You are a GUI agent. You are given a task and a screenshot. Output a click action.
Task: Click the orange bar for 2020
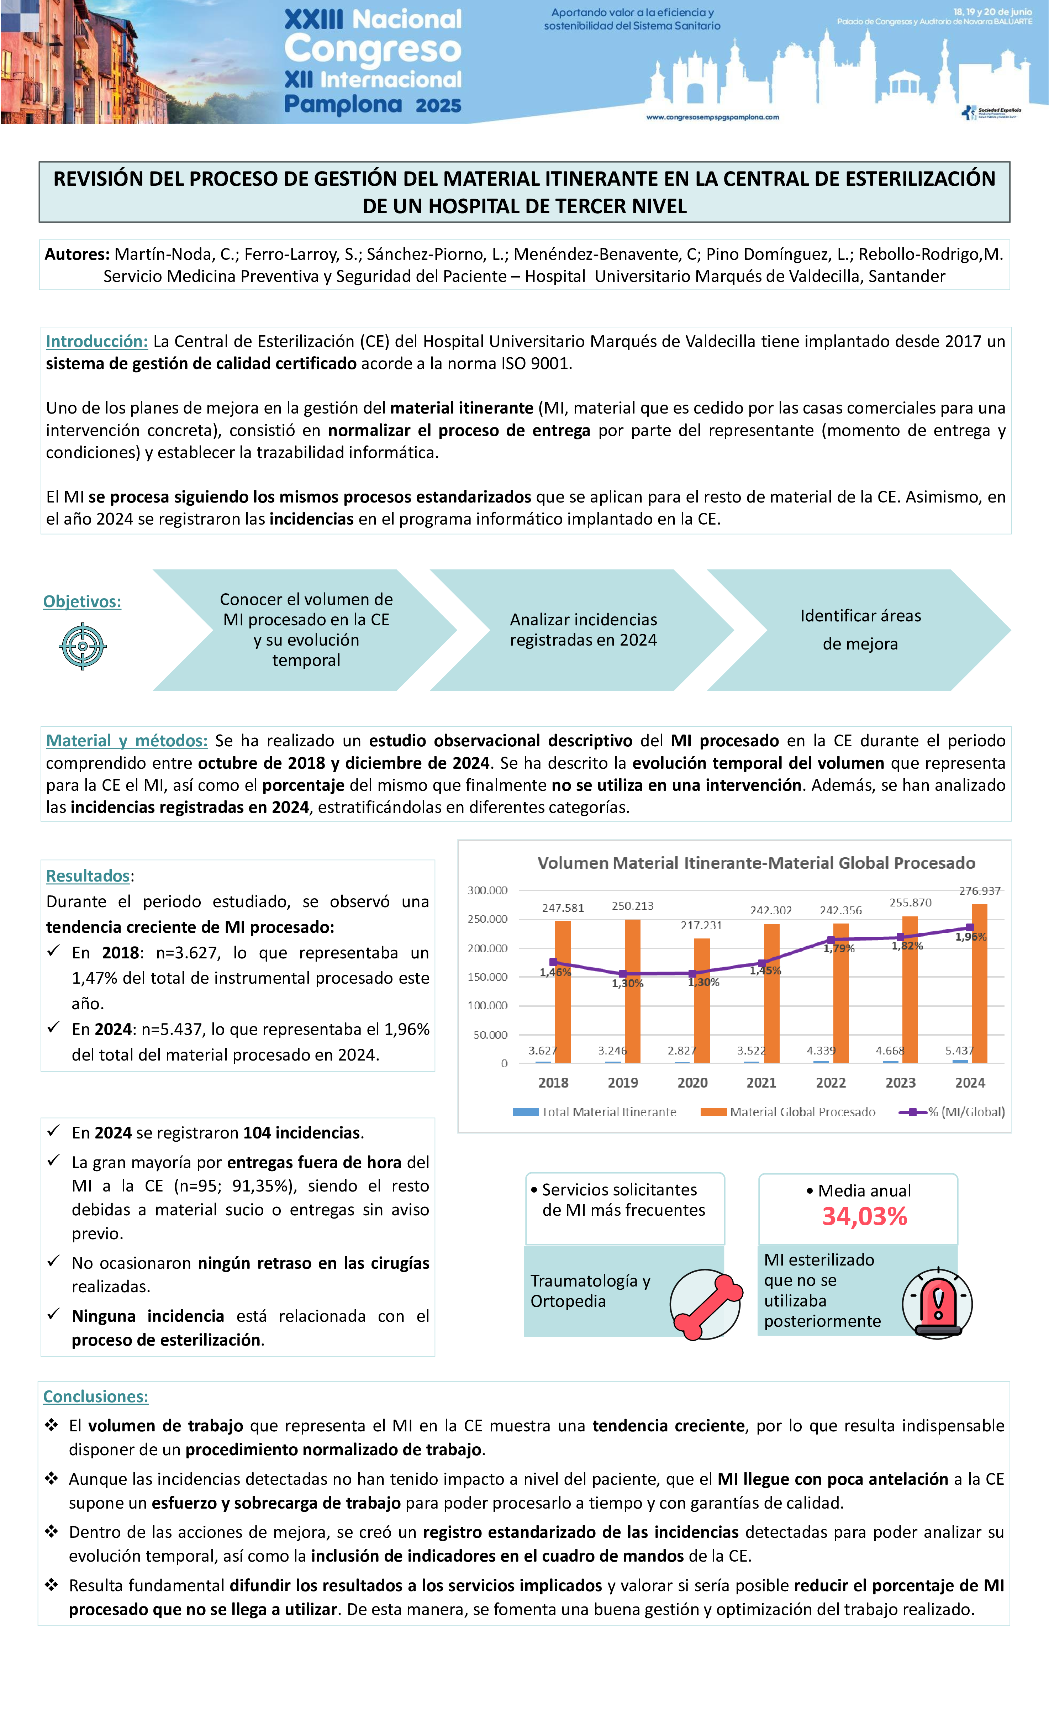(x=702, y=1002)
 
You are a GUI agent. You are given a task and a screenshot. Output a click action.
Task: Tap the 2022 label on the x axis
(x=831, y=1083)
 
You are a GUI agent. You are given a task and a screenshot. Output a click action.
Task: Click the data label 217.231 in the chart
(x=701, y=926)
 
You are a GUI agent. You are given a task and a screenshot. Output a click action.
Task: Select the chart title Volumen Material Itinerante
(x=756, y=863)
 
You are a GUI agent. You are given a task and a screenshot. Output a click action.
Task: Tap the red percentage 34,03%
(x=865, y=1217)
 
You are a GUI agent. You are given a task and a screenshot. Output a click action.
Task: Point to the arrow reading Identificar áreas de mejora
(x=860, y=630)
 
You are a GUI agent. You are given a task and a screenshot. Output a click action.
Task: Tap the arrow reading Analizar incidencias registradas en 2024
(x=583, y=630)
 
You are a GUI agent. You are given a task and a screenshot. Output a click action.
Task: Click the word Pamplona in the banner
(x=343, y=104)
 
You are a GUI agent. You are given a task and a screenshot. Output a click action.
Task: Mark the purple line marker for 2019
(x=623, y=974)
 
